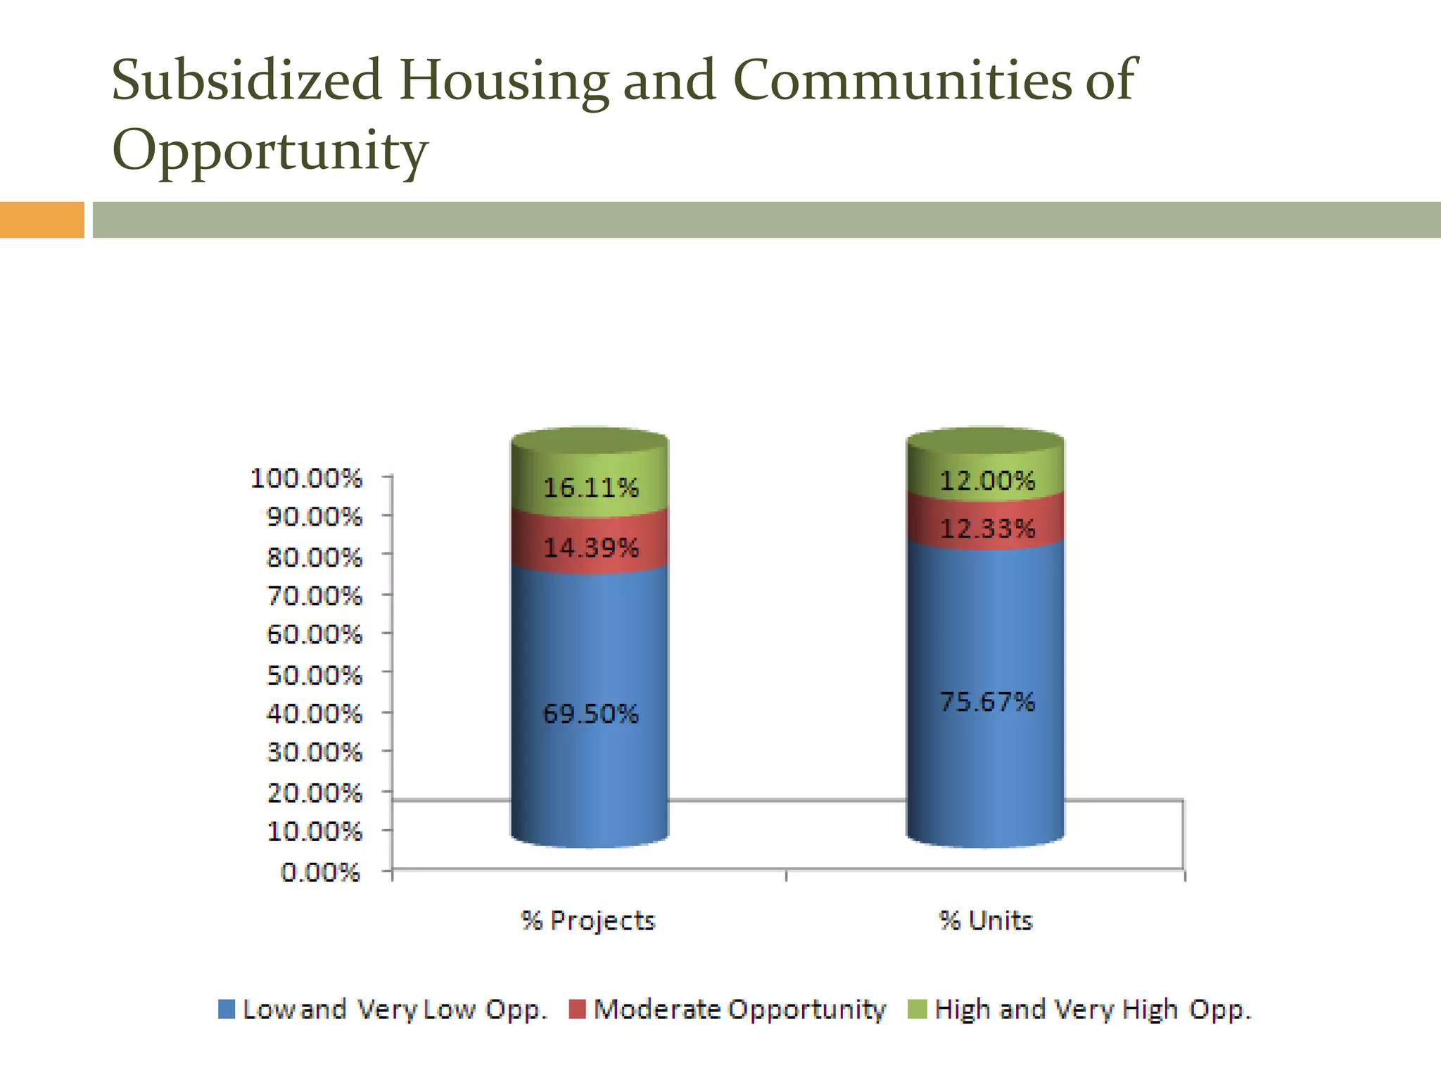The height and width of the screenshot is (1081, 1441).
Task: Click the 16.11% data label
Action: click(x=590, y=487)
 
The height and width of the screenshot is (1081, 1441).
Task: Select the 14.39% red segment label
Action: click(x=590, y=548)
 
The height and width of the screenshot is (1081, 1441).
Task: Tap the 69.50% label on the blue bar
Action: click(x=590, y=714)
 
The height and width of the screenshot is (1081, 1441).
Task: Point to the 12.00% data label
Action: click(x=987, y=481)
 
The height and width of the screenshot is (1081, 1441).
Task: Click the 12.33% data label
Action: click(x=987, y=528)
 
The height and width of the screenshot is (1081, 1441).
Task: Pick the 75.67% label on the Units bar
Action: click(x=987, y=702)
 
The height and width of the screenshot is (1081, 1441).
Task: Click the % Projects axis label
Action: click(x=588, y=921)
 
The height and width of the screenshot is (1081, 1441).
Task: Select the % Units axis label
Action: click(x=985, y=921)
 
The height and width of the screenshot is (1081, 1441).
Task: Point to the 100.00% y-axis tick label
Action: click(x=306, y=479)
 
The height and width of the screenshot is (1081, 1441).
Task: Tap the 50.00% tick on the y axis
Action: click(x=314, y=675)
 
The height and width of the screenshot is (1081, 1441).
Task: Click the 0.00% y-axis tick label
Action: click(x=320, y=873)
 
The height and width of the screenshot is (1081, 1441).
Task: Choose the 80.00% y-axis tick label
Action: click(x=314, y=558)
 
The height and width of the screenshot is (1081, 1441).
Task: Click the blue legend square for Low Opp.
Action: click(x=227, y=1009)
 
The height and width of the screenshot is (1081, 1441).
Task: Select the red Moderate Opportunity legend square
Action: click(x=577, y=1009)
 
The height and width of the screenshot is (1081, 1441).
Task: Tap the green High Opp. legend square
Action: click(x=918, y=1009)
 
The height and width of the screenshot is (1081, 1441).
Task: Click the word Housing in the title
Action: click(x=504, y=82)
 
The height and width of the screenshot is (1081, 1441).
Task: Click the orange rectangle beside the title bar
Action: click(x=42, y=220)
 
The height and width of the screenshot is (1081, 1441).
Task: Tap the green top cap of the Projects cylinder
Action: click(x=590, y=441)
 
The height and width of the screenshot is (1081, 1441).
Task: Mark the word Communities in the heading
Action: click(x=901, y=80)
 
